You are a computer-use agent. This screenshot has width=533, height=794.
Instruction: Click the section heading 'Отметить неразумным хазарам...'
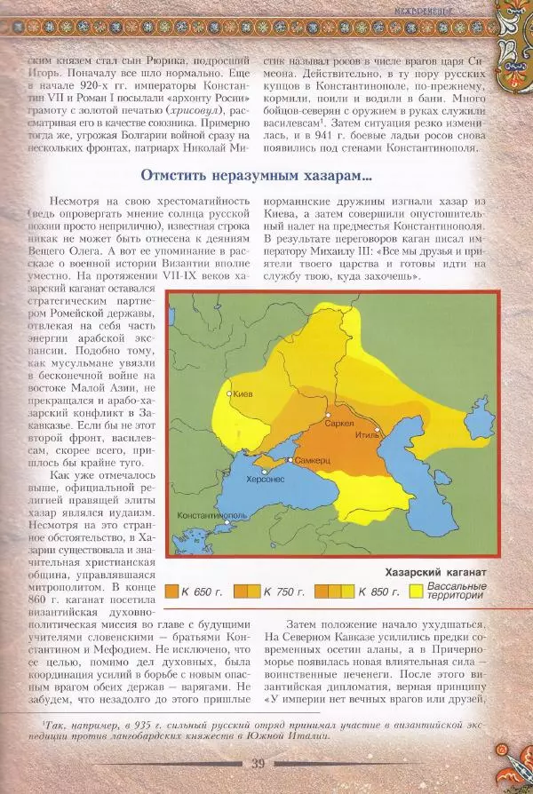[x=257, y=176]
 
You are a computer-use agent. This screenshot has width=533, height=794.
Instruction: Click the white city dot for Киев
[x=230, y=393]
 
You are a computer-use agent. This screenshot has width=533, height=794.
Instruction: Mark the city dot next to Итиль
[x=384, y=430]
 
